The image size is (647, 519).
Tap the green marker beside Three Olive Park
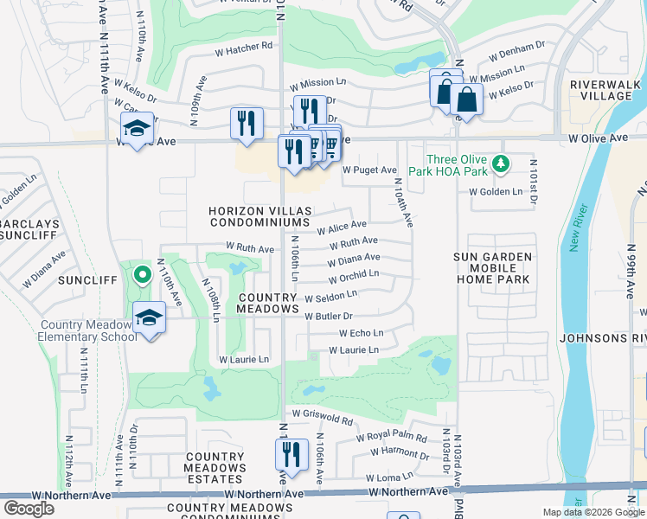(499, 163)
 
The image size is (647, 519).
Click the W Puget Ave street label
(369, 170)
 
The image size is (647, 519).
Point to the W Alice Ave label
(342, 227)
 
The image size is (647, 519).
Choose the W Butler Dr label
(329, 317)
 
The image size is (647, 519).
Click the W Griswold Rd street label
(323, 419)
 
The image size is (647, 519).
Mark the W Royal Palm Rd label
(392, 438)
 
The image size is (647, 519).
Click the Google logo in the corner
(29, 508)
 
